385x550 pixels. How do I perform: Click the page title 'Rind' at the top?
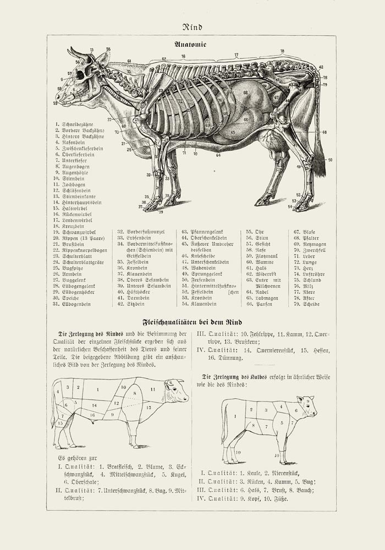(193, 26)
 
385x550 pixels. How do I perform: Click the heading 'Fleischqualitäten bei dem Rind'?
(193, 322)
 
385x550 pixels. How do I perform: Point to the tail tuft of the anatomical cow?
(319, 165)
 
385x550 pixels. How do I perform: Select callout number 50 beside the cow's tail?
(330, 160)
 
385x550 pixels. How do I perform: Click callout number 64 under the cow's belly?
(218, 155)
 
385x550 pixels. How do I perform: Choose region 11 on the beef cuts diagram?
(153, 389)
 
